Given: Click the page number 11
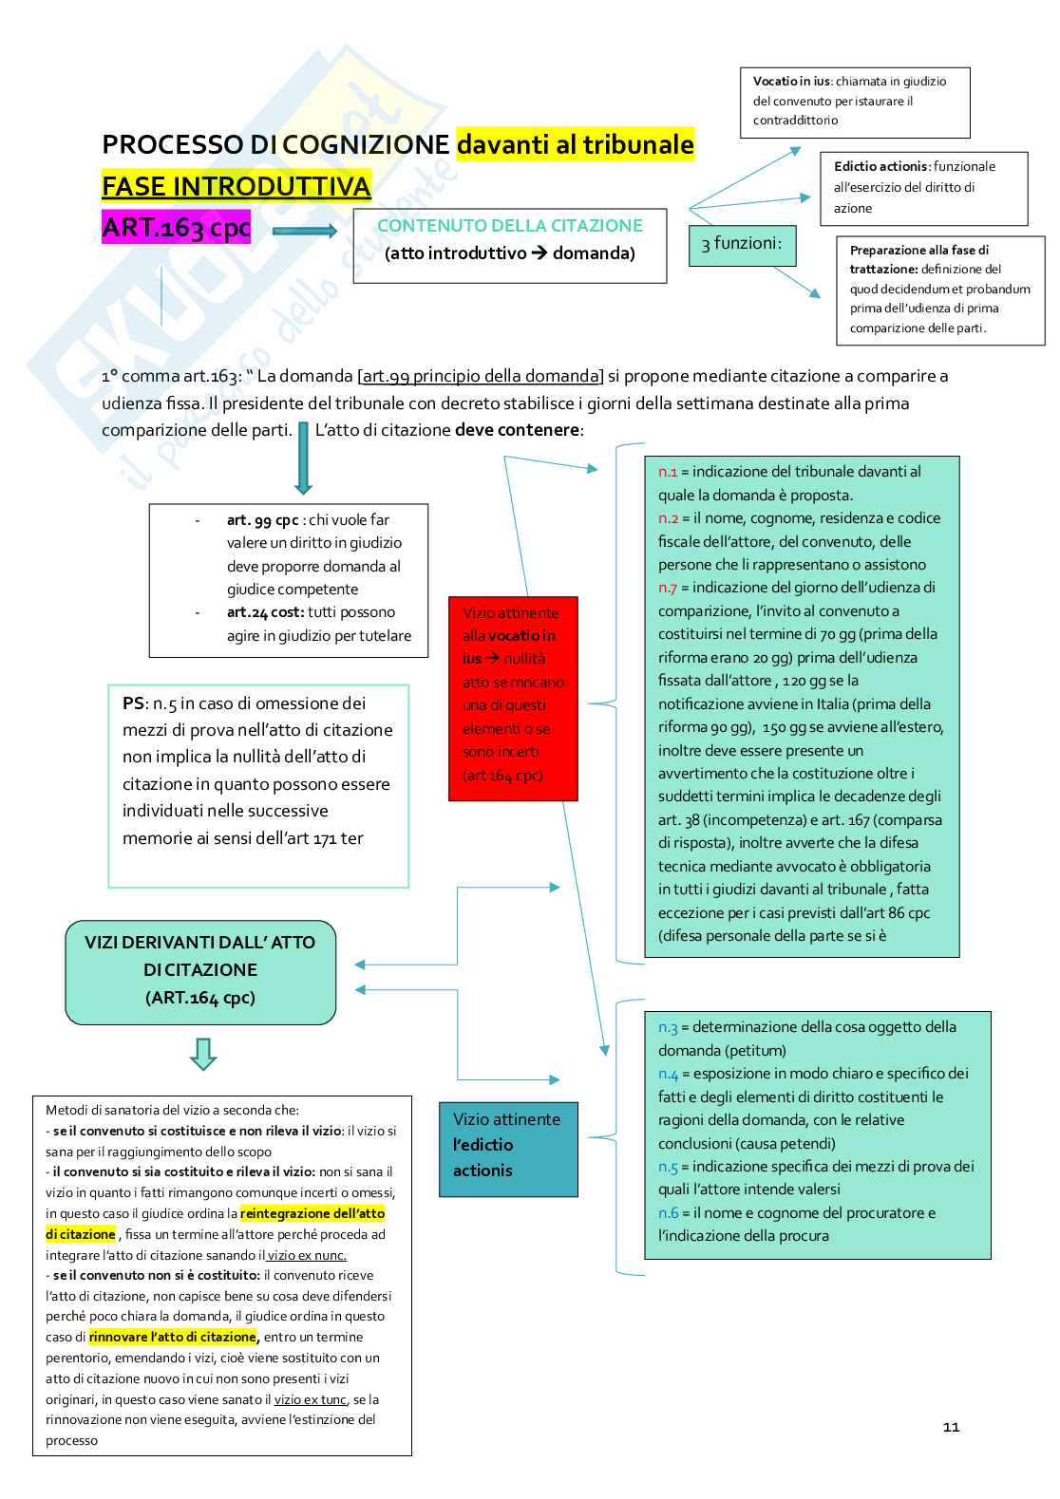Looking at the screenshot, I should point(952,1427).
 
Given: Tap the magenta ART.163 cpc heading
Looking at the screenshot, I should point(177,229).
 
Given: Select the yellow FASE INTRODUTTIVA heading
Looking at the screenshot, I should point(237,185).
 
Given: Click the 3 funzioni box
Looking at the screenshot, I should point(742,244).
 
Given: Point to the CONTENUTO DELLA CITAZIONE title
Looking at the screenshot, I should point(510,226).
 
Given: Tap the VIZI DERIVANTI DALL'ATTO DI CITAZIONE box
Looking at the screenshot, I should point(200,969).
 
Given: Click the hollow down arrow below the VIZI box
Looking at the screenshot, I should point(203,1054).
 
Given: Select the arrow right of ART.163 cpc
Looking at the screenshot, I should point(304,231).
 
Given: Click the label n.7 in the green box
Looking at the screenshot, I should point(668,588).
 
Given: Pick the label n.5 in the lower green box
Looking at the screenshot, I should point(668,1166).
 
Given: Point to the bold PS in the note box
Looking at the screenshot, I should point(133,703).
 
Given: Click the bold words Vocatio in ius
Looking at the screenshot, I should point(791,82).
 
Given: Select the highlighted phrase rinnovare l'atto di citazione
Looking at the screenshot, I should point(173,1337).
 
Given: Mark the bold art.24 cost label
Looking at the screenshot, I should point(265,612).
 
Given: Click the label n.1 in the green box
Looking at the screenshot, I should point(668,471).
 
